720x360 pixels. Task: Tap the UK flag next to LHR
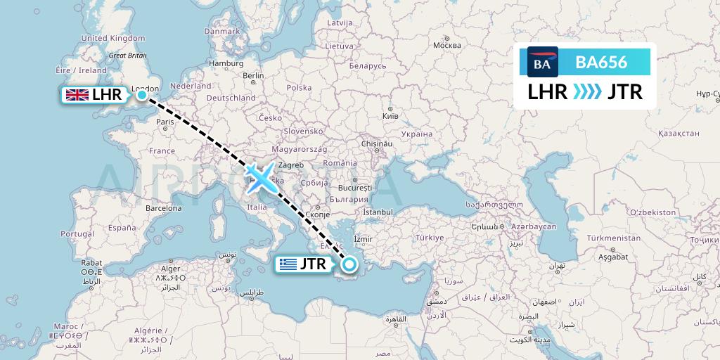coord(75,95)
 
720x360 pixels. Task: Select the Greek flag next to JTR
coord(288,265)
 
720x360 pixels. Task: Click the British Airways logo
coord(542,62)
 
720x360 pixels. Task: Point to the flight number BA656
coord(601,62)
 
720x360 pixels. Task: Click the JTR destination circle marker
coord(349,264)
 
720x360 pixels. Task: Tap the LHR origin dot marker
coord(141,94)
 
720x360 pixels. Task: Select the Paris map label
coord(165,122)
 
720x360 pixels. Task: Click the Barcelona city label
coord(164,208)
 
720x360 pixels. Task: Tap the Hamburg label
coord(226,63)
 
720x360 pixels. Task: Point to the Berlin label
coord(252,76)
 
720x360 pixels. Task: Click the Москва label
coord(446,46)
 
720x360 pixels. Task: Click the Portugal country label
coord(77,233)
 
